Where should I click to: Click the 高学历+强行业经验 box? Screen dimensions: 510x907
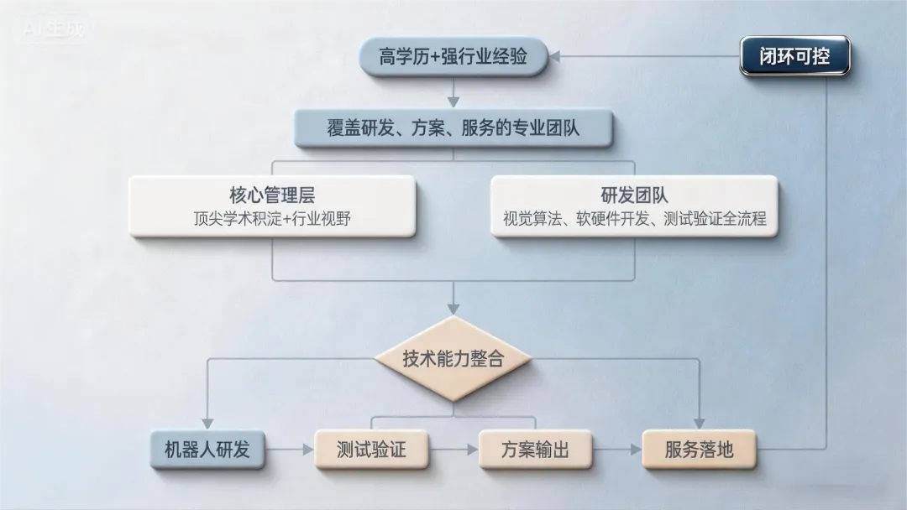453,57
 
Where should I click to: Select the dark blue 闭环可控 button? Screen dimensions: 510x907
794,57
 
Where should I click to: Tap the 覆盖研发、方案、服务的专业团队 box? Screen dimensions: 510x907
453,129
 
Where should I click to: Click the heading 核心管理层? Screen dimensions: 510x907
272,195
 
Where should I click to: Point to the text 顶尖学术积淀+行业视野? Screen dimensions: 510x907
272,220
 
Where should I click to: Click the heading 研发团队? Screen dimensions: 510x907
634,195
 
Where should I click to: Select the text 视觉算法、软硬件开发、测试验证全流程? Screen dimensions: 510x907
634,220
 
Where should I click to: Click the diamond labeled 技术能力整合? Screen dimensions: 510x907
453,359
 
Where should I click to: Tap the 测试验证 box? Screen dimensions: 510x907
370,450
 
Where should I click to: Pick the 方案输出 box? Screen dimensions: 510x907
535,450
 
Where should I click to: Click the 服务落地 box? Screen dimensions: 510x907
699,450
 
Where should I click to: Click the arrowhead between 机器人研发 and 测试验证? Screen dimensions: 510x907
307,450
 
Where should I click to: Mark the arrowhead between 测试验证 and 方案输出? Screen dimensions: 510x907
470,450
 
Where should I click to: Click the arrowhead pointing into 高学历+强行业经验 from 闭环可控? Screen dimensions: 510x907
555,56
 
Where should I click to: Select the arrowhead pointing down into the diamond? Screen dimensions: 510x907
453,310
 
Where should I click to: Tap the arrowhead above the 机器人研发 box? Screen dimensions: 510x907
207,424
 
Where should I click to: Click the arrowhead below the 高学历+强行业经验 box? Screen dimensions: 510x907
453,102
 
